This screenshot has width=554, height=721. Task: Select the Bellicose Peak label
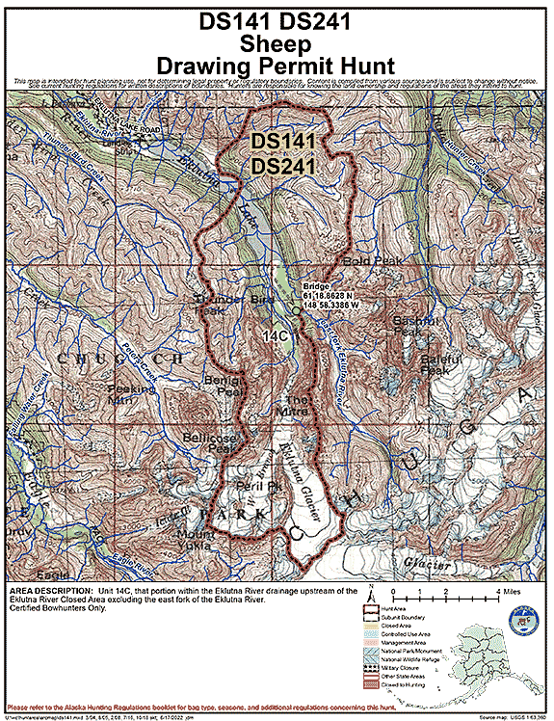coord(209,442)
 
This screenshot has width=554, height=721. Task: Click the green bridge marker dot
coord(298,310)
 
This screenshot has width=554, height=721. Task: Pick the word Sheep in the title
coord(277,43)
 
